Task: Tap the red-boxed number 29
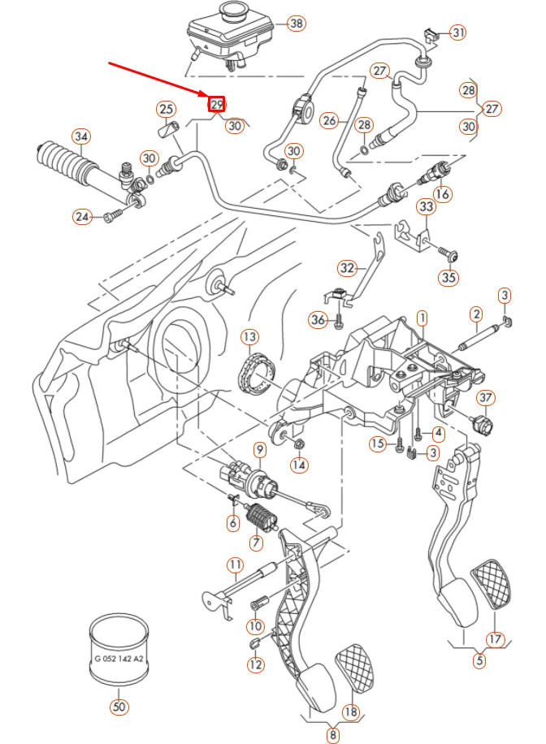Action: [x=216, y=105]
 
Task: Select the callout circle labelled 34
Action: [x=80, y=136]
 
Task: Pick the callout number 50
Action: [x=119, y=707]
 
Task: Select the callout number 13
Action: [x=249, y=336]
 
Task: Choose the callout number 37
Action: [x=485, y=398]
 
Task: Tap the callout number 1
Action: [x=422, y=315]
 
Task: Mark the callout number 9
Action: [x=260, y=449]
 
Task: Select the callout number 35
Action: [x=448, y=278]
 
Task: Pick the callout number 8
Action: [x=332, y=736]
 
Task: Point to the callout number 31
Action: [x=459, y=32]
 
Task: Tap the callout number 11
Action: [x=235, y=564]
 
